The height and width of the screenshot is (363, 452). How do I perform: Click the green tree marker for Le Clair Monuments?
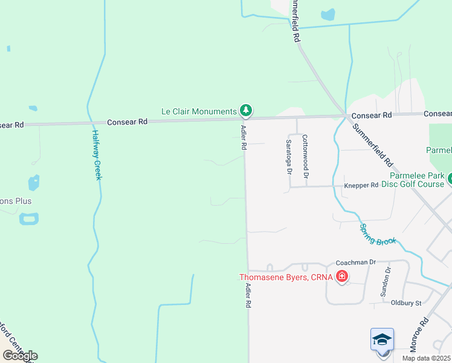pyautogui.click(x=245, y=110)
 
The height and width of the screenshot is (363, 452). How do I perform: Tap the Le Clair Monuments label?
pyautogui.click(x=199, y=111)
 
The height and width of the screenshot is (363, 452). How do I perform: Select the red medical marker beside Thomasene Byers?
pyautogui.click(x=342, y=277)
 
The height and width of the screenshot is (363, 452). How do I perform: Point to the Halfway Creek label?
pyautogui.click(x=97, y=155)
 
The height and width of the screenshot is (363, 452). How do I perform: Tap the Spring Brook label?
pyautogui.click(x=378, y=234)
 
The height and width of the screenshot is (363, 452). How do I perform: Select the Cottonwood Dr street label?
pyautogui.click(x=306, y=156)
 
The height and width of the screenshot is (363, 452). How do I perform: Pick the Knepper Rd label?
pyautogui.click(x=361, y=185)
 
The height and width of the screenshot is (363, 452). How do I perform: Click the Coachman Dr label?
pyautogui.click(x=356, y=262)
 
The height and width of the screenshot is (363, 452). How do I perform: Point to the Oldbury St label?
pyautogui.click(x=405, y=302)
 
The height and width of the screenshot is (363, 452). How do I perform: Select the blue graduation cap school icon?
pyautogui.click(x=382, y=339)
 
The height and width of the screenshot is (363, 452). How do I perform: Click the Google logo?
pyautogui.click(x=20, y=356)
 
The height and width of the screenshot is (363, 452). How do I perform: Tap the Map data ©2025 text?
pyautogui.click(x=427, y=358)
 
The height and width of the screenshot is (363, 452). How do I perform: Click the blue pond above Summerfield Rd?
pyautogui.click(x=328, y=14)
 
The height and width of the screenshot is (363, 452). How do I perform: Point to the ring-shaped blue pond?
pyautogui.click(x=28, y=218)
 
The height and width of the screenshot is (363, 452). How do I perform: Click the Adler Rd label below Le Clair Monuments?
pyautogui.click(x=244, y=137)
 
